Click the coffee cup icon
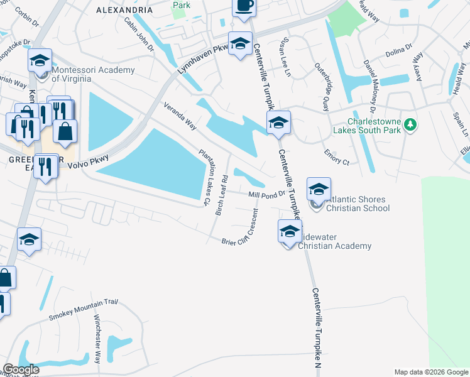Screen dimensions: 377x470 tap(244, 6)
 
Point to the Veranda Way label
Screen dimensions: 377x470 tap(180, 117)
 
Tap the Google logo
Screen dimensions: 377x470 tap(21, 369)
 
